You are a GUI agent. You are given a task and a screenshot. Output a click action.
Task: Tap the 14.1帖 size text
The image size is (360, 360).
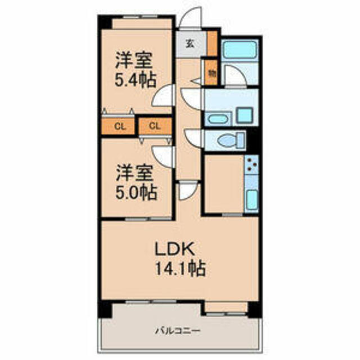pos(181,268)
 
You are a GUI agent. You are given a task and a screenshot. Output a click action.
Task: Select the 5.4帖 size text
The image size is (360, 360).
pos(136,80)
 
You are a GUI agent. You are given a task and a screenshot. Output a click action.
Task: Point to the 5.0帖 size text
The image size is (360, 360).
pos(136,192)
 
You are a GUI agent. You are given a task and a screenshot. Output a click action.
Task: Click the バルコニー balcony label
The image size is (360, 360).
pos(178,331)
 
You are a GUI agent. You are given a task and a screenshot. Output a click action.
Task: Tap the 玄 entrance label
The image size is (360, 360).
pos(190,44)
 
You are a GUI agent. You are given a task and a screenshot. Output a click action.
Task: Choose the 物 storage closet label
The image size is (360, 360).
pos(212,73)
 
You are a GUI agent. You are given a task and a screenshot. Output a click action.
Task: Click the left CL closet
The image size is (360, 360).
pos(118,126)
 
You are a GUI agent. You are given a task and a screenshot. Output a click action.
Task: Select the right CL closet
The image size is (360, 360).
pos(155,126)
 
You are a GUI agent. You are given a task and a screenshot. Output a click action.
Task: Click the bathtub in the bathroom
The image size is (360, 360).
pos(240,49)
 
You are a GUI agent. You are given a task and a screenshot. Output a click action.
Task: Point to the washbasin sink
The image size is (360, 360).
pos(217,119)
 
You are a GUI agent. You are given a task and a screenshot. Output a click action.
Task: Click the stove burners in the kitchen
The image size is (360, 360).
pos(252,164)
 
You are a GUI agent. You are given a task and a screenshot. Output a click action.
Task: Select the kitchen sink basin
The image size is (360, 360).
pos(253,200)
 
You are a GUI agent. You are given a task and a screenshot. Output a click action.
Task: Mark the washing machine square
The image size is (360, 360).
pos(245,115)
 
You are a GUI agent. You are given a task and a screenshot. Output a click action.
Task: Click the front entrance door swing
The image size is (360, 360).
pos(190,17)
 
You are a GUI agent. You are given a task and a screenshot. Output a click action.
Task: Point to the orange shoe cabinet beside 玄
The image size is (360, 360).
pos(212,43)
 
